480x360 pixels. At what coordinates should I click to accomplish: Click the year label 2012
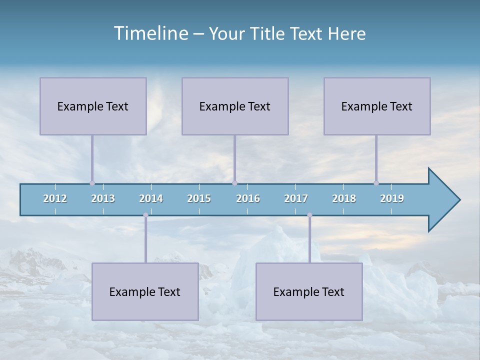(x=55, y=198)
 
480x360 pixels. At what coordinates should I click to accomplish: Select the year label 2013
(x=103, y=198)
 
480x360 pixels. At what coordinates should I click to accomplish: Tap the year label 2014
(x=151, y=198)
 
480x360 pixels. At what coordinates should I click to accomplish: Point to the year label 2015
(x=199, y=198)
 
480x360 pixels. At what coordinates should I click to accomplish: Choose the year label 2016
(x=248, y=198)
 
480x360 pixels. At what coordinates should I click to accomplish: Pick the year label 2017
(x=296, y=198)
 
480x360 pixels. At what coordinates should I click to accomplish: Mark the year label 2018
(x=344, y=198)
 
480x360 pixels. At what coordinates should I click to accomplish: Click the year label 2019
(x=392, y=198)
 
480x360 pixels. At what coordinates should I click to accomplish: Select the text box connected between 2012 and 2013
(x=93, y=106)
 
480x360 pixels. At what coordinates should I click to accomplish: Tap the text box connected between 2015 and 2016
(x=235, y=106)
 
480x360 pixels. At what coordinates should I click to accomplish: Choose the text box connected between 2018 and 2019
(x=377, y=106)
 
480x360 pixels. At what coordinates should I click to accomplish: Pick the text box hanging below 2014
(x=145, y=291)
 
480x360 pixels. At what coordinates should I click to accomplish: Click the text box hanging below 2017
(x=309, y=291)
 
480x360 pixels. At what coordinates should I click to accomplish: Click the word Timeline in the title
(x=150, y=33)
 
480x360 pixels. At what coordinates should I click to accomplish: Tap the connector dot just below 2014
(x=145, y=215)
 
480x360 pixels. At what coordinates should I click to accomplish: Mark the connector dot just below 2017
(x=309, y=215)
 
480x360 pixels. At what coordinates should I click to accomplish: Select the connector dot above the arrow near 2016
(x=234, y=183)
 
